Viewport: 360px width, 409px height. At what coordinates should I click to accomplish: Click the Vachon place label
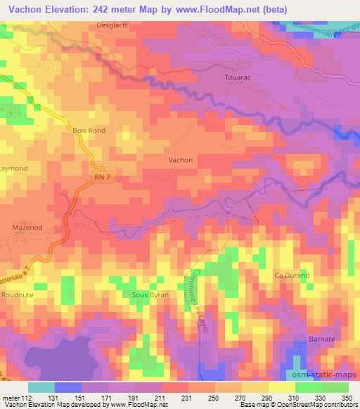tap(181, 160)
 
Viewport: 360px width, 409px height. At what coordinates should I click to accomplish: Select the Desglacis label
tap(113, 26)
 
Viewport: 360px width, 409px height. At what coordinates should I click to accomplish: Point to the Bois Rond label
tap(88, 130)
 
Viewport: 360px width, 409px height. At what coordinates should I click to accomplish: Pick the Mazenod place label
tap(28, 228)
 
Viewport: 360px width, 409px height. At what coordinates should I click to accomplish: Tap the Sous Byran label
tap(150, 296)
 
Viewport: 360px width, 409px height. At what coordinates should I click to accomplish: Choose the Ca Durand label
tap(292, 275)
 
